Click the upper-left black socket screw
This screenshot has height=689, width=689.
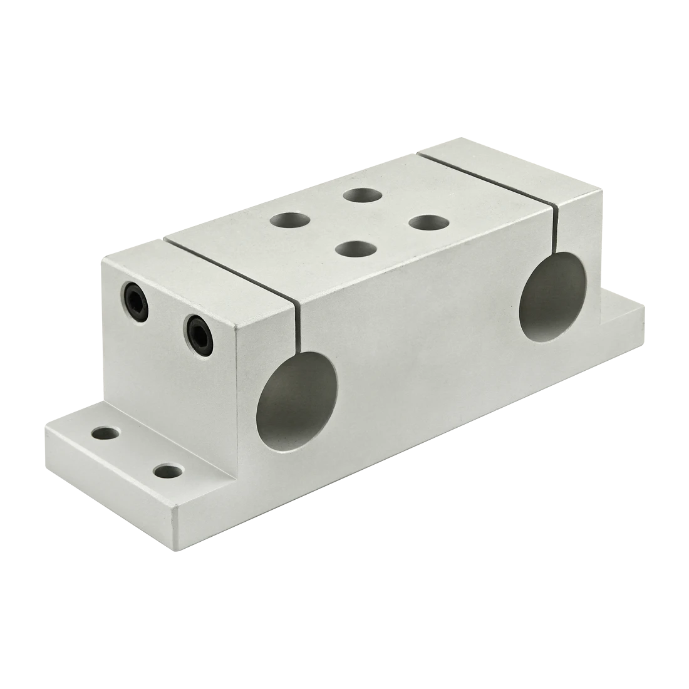136,294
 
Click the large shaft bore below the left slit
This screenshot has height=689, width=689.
297,411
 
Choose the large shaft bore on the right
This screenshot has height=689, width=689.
551,296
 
